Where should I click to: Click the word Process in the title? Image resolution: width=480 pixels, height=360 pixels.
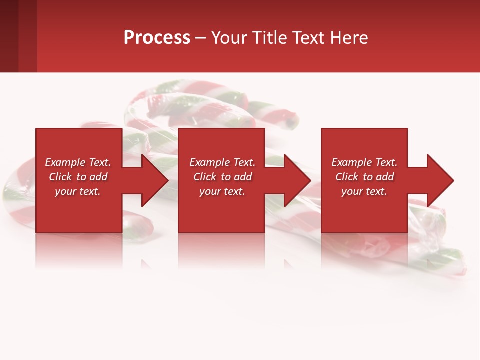(x=157, y=38)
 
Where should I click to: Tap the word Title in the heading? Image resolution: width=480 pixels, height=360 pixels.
(x=270, y=38)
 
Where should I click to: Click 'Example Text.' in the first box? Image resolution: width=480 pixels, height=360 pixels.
(x=78, y=162)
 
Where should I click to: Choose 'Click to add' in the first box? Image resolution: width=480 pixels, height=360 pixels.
(x=78, y=177)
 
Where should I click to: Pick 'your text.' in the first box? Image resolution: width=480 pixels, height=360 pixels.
(x=78, y=191)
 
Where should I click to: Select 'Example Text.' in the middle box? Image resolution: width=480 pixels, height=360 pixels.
(x=222, y=162)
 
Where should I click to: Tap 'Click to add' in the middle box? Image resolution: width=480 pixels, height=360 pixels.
(x=222, y=177)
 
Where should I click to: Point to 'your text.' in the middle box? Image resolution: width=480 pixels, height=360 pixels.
(x=222, y=191)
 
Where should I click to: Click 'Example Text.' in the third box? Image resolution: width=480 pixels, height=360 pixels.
(x=364, y=162)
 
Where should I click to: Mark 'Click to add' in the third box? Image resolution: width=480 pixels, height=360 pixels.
(x=364, y=177)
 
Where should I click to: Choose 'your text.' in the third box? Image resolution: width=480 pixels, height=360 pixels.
(x=364, y=191)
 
